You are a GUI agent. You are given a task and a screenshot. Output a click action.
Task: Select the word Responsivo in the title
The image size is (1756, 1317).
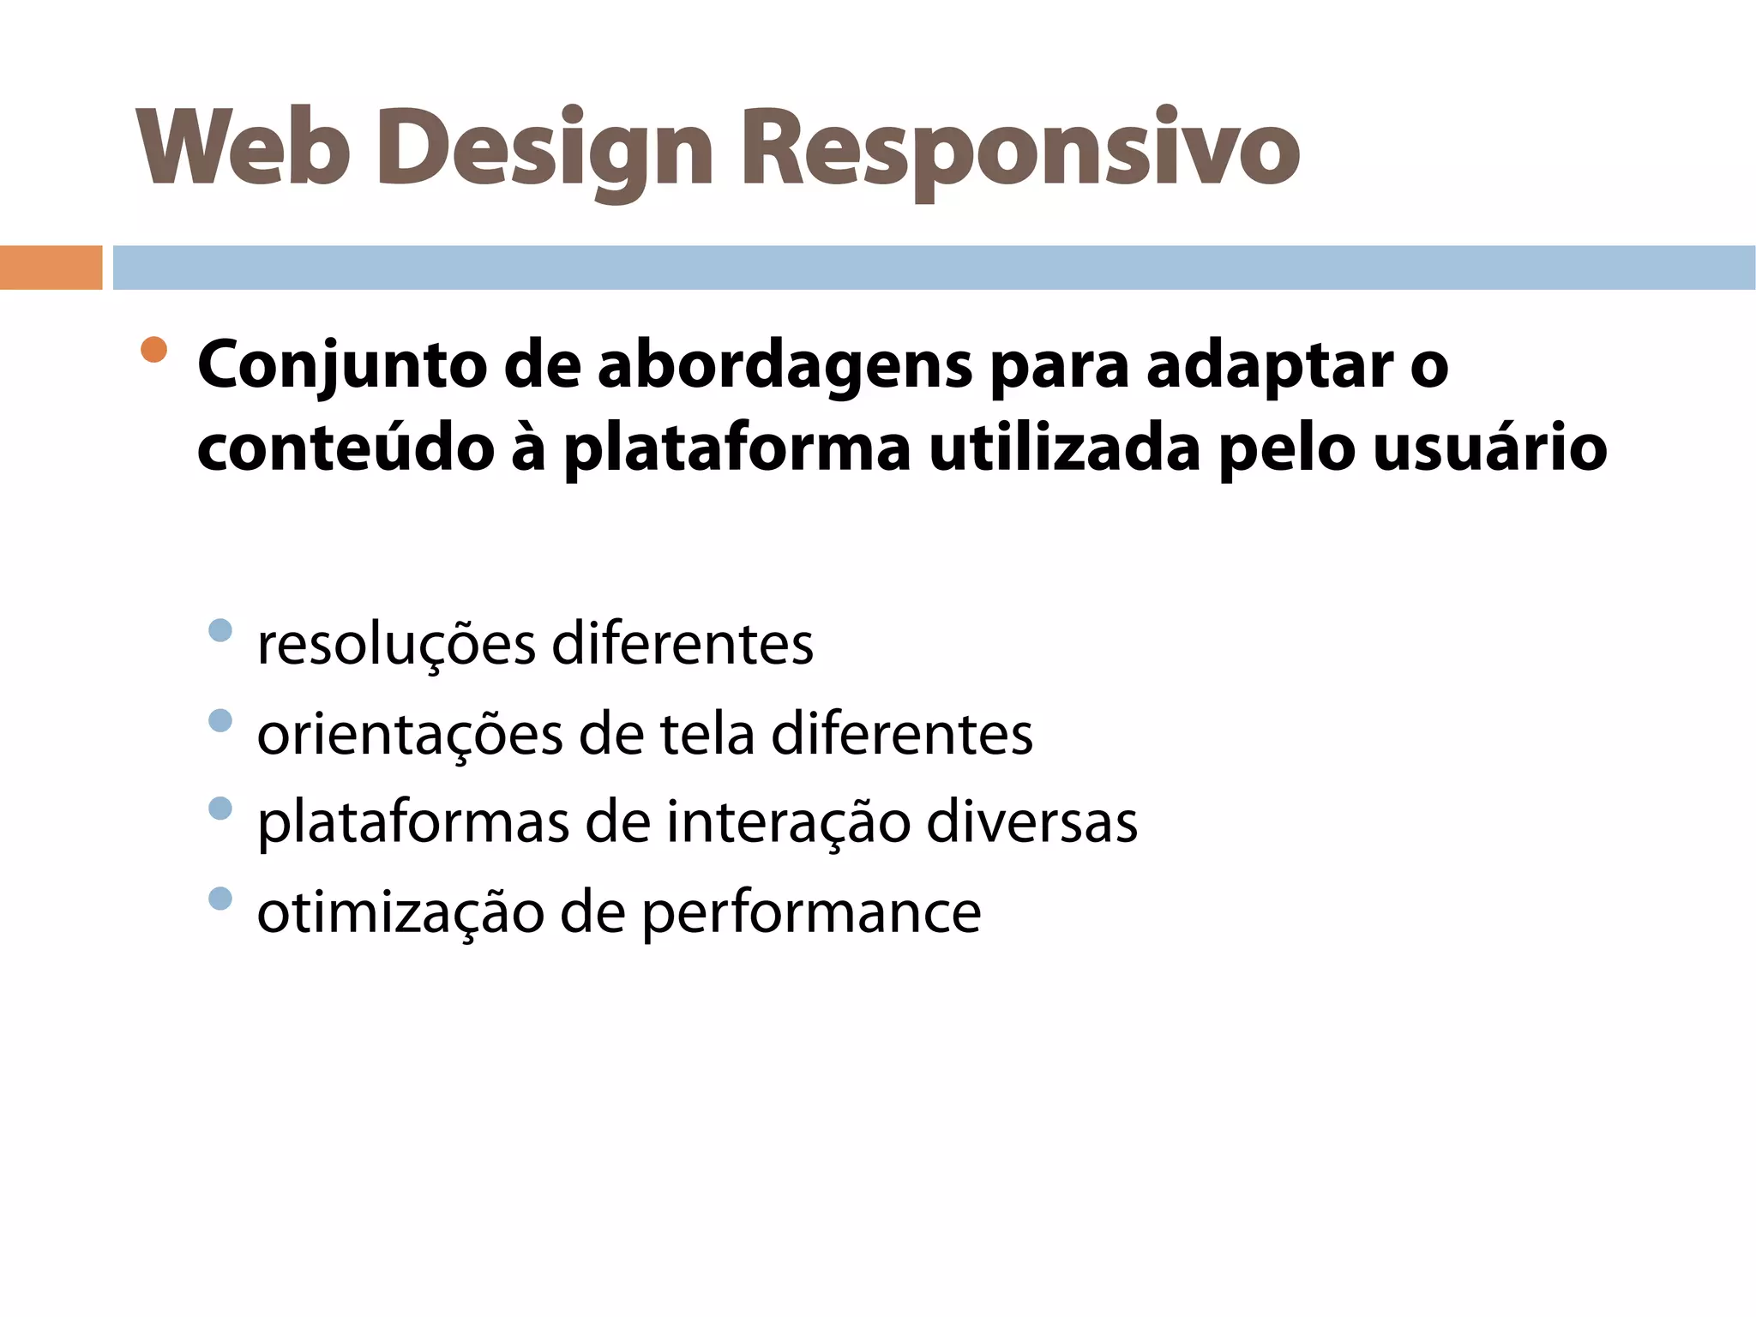(1019, 150)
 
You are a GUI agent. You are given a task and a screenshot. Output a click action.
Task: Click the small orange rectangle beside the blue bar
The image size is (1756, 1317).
(51, 268)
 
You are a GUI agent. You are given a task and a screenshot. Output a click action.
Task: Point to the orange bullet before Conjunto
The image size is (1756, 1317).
(154, 350)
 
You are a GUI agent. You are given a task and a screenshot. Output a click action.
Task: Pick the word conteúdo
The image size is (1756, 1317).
(346, 448)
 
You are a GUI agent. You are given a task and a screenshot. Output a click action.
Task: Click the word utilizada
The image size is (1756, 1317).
(1064, 448)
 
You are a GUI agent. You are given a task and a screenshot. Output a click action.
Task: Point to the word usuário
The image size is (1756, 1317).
(1489, 448)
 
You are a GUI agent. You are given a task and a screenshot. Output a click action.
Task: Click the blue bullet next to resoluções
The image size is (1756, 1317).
(220, 630)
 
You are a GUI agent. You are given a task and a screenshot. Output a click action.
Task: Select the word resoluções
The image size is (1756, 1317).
(396, 645)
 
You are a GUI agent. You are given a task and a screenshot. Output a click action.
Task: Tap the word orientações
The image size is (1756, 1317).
(410, 735)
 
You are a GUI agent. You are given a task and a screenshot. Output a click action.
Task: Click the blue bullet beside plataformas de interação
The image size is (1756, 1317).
(220, 809)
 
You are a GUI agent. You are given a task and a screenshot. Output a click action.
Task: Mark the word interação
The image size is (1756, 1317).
(788, 823)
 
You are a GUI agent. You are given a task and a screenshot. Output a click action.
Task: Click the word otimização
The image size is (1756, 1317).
(400, 913)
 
